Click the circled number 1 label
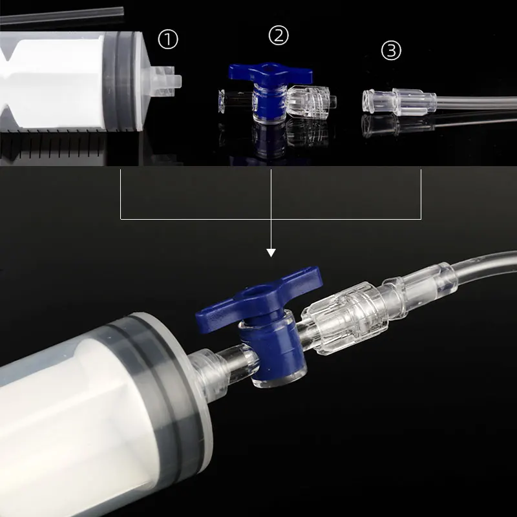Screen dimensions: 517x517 [168, 40]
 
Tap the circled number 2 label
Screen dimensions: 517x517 [278, 36]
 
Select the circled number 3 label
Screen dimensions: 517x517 [391, 50]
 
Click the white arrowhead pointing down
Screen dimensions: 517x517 [271, 252]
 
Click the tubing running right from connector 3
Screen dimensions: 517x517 [478, 101]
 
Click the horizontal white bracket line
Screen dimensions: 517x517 [194, 218]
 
